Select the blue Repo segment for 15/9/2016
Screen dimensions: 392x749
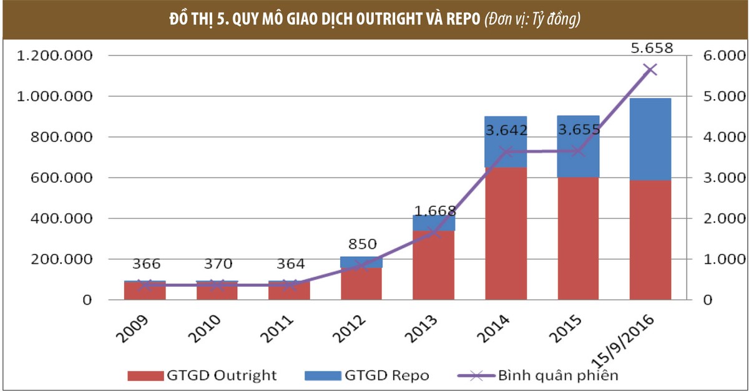[x=650, y=139]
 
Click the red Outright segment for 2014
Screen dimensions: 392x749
[x=506, y=234]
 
